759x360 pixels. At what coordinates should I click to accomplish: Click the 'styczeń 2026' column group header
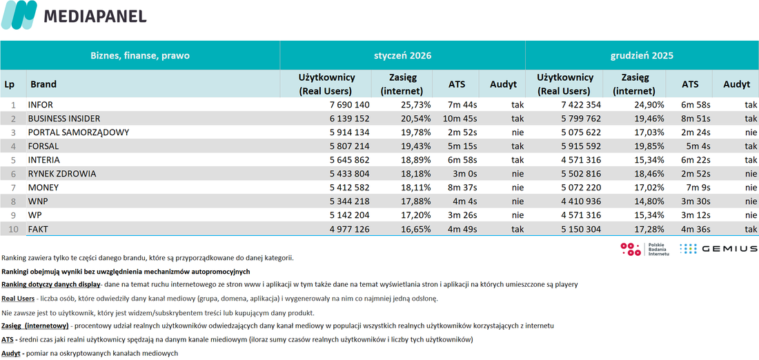(403, 56)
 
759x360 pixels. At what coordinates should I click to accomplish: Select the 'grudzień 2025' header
(642, 56)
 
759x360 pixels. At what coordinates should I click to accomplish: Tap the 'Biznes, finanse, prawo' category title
(140, 56)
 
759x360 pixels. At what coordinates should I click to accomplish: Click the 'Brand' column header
(43, 84)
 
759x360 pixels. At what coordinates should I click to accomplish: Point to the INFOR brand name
(41, 105)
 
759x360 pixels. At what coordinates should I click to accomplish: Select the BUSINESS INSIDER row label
(64, 119)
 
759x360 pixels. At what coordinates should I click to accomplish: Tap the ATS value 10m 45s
(460, 119)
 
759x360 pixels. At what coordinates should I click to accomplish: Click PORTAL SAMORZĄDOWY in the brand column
(79, 132)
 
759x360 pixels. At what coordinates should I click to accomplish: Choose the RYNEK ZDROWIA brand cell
(62, 174)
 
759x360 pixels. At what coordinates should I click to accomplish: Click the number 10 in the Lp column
(13, 229)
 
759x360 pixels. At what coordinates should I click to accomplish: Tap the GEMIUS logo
(718, 248)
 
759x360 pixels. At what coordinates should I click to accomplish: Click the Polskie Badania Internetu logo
(645, 249)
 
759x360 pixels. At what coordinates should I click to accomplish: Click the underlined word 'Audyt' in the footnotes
(10, 353)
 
